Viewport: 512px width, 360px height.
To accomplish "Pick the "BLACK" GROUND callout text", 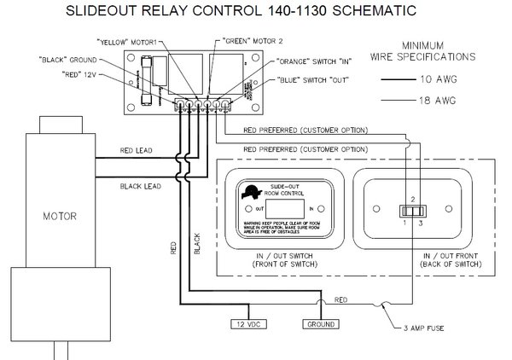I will [69, 60].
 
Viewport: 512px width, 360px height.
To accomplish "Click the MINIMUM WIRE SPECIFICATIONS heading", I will [436, 51].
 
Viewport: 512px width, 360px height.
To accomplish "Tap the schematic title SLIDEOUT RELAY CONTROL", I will [255, 13].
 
